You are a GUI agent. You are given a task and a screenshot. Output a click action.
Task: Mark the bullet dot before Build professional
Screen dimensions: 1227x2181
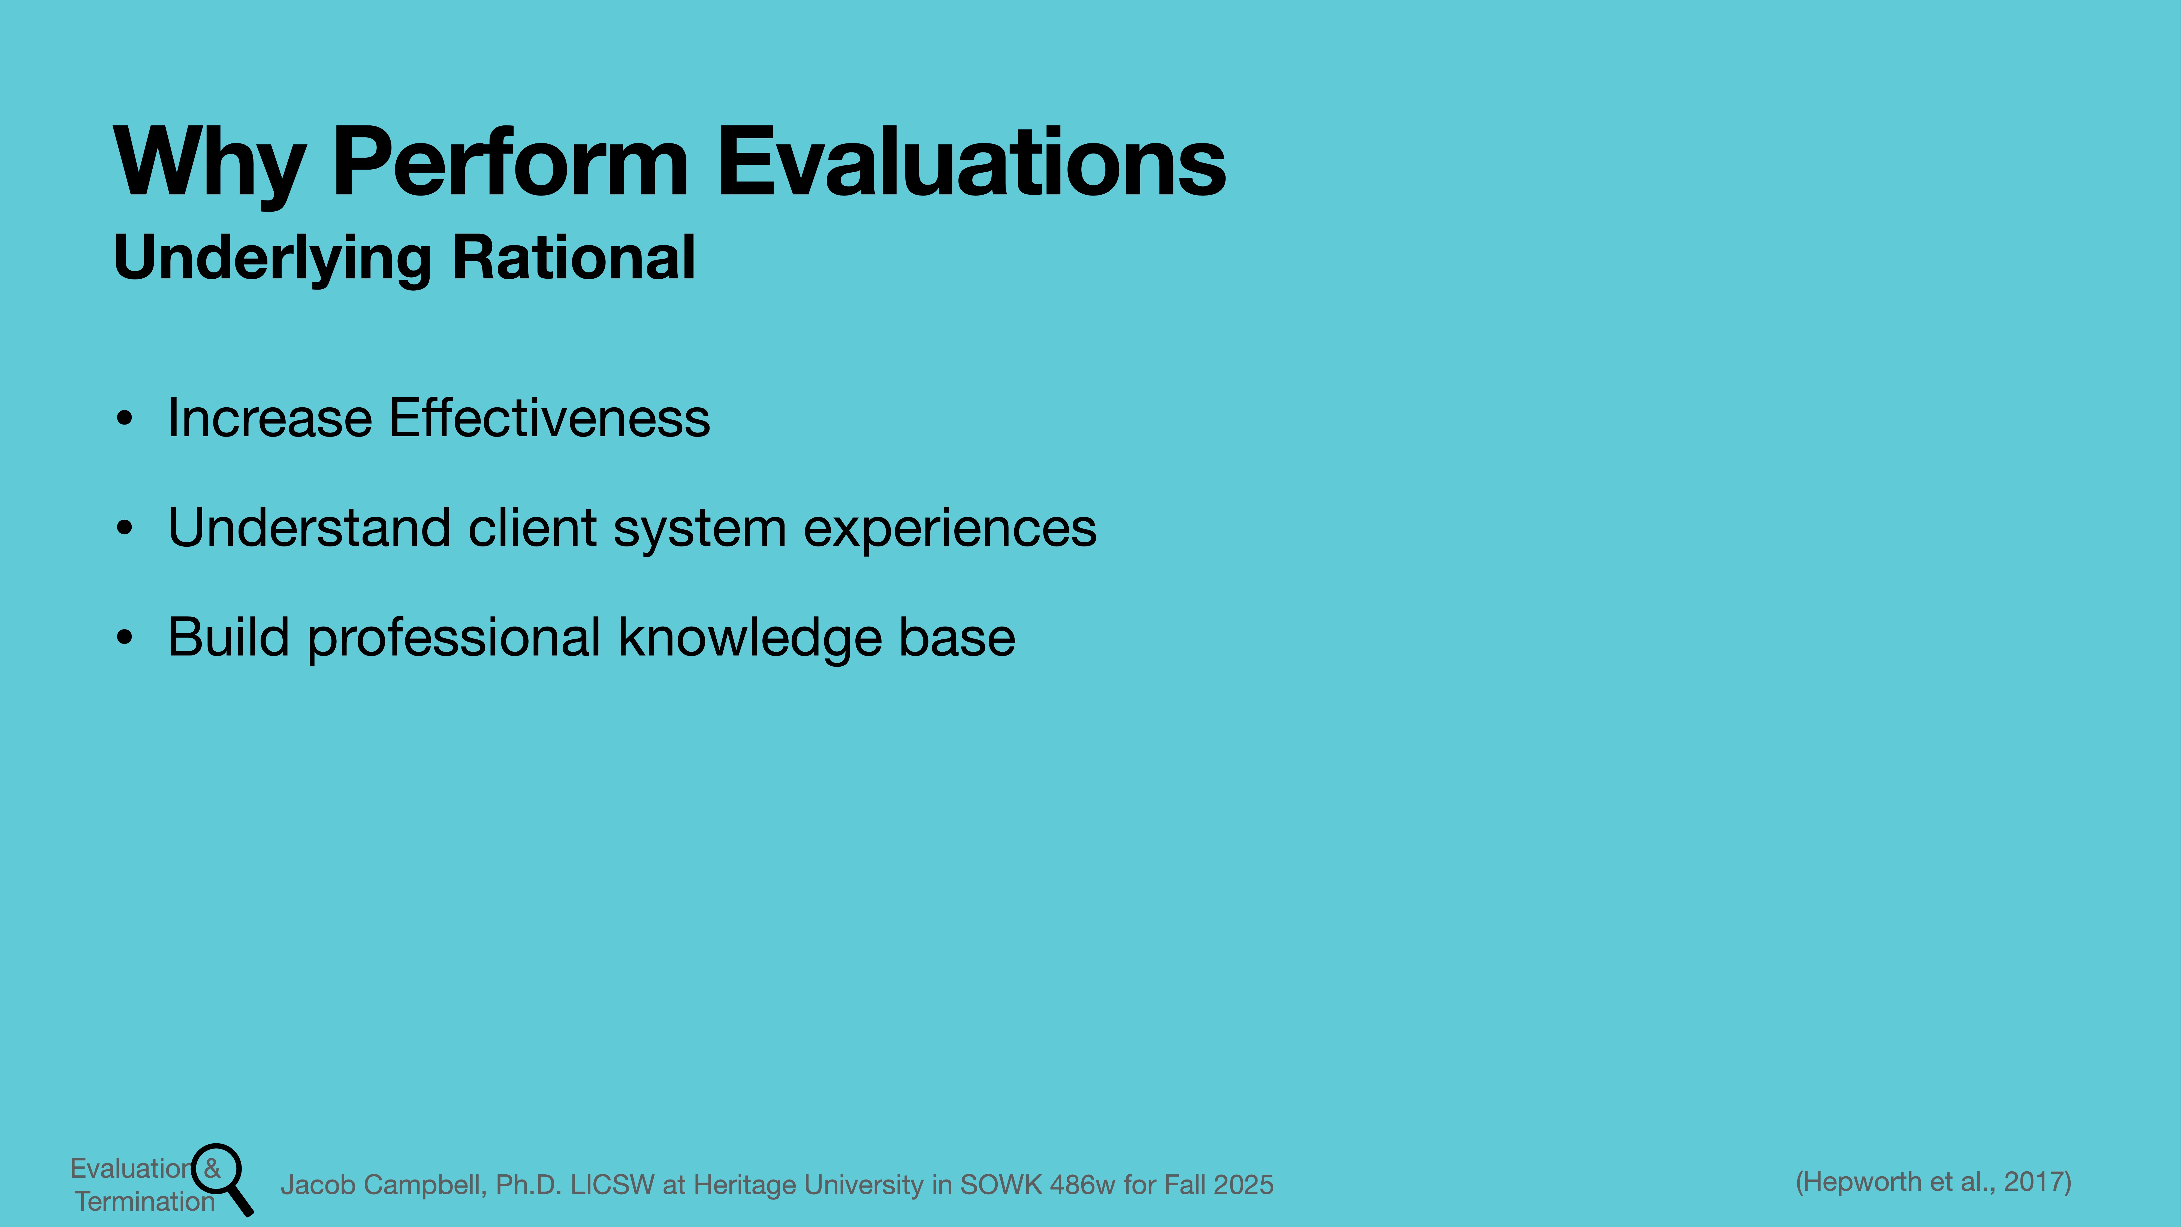coord(125,638)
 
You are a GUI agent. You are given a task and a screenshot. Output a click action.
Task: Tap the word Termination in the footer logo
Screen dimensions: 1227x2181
coord(145,1201)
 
